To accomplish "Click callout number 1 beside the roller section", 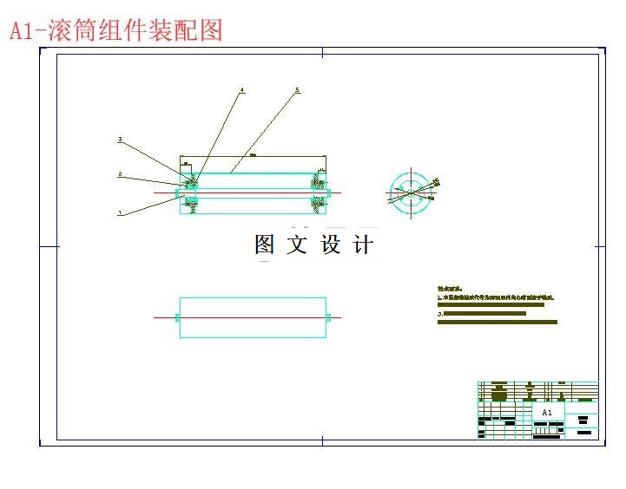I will (x=120, y=212).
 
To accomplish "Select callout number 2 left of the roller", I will (x=120, y=175).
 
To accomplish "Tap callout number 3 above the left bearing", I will (x=120, y=140).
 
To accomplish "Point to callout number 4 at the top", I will (x=242, y=89).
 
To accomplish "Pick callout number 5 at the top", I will (x=297, y=89).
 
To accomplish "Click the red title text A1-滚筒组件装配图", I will (x=116, y=30).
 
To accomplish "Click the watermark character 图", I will (x=265, y=245).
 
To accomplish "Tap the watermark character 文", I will (x=298, y=245).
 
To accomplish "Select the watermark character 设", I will (x=332, y=245).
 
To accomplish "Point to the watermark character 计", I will (x=364, y=245).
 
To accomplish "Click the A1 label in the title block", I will (x=547, y=413).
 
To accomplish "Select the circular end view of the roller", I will (x=410, y=192).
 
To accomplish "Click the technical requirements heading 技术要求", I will (x=451, y=287).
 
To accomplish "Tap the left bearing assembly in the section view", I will (x=188, y=192).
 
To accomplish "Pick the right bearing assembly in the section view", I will (x=319, y=192).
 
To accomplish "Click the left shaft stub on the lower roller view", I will (x=178, y=318).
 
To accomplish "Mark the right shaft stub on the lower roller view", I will (x=329, y=318).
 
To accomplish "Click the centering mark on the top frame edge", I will (x=323, y=52).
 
